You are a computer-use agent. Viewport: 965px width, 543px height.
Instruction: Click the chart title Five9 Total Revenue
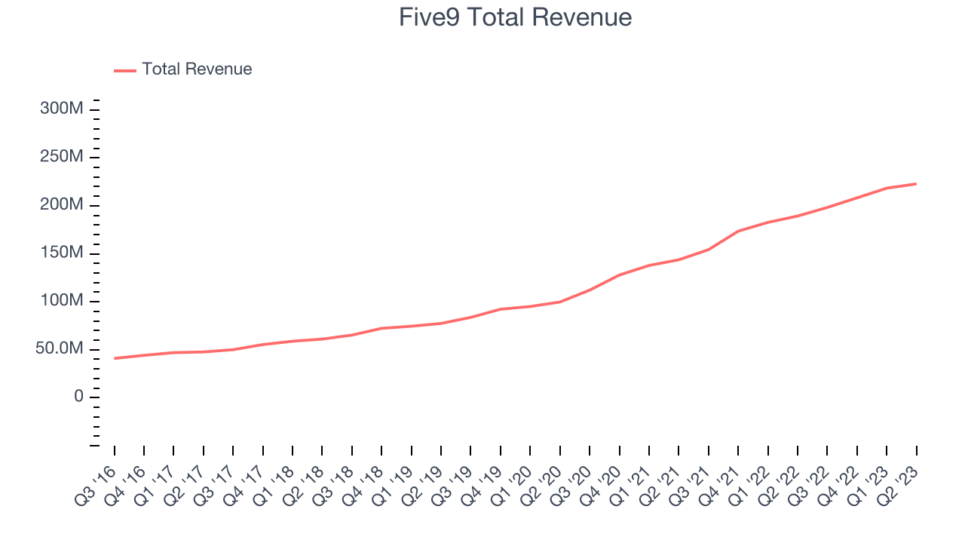[x=515, y=17]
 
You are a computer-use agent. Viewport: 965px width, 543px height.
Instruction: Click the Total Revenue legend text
[x=197, y=69]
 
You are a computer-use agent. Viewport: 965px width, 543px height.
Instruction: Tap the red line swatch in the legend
[x=125, y=70]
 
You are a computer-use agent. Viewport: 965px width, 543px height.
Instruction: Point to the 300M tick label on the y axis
[x=61, y=109]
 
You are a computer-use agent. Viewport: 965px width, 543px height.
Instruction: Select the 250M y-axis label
[x=61, y=157]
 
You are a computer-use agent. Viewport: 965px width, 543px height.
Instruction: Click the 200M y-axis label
[x=61, y=205]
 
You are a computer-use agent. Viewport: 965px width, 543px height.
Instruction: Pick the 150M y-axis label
[x=61, y=253]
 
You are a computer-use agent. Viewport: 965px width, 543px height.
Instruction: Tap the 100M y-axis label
[x=61, y=301]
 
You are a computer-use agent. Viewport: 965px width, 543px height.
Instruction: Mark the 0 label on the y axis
[x=78, y=397]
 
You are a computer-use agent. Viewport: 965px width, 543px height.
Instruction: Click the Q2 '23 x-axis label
[x=900, y=483]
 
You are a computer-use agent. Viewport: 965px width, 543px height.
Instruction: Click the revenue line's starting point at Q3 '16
[x=115, y=358]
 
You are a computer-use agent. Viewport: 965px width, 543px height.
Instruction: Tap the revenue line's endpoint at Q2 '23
[x=916, y=183]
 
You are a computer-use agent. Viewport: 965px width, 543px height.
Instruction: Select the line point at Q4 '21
[x=738, y=231]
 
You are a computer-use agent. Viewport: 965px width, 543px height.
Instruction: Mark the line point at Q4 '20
[x=619, y=275]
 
